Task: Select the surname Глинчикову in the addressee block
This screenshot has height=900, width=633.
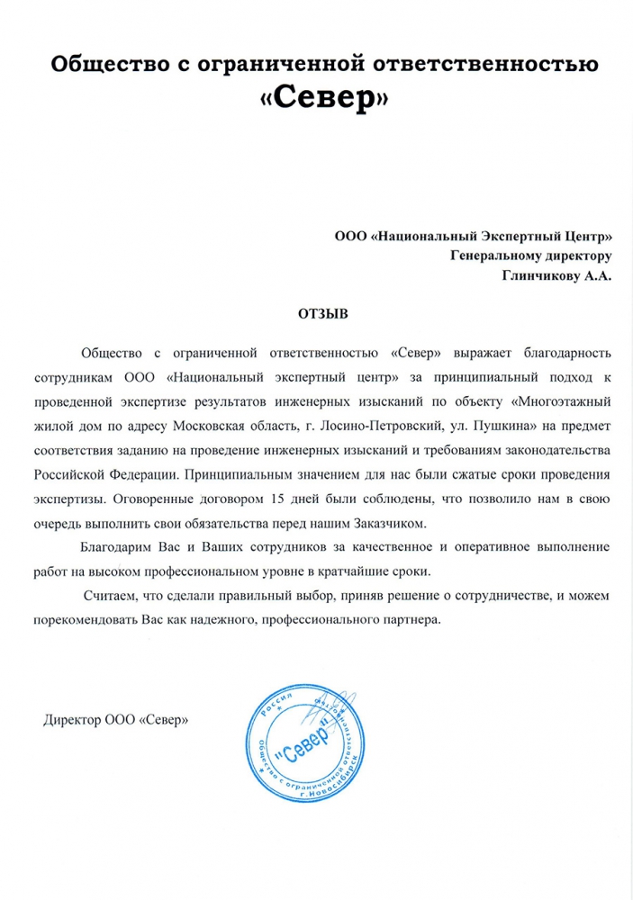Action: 537,279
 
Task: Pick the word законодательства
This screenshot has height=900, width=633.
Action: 560,448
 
